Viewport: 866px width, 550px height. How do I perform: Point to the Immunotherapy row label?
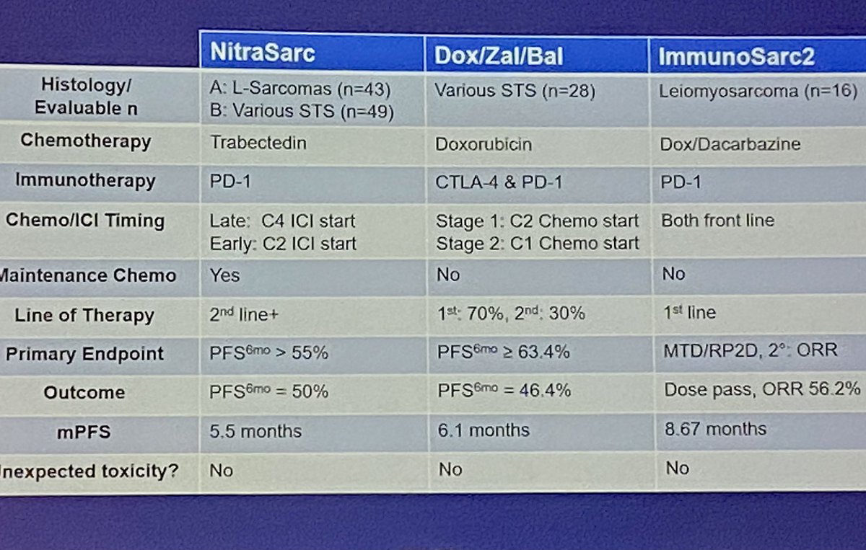click(x=85, y=179)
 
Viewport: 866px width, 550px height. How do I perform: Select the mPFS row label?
click(x=84, y=432)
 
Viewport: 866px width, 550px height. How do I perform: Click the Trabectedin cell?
click(x=258, y=142)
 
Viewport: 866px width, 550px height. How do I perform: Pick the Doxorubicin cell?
click(x=484, y=144)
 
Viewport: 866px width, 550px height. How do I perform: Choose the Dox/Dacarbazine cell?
click(x=730, y=143)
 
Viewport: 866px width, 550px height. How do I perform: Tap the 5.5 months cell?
click(x=255, y=432)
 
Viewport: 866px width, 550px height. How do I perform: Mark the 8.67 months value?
click(x=715, y=429)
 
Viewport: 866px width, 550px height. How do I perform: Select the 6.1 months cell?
click(x=483, y=430)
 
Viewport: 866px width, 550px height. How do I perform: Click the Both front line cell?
click(x=717, y=221)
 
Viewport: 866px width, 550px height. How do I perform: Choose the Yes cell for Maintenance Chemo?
click(x=224, y=275)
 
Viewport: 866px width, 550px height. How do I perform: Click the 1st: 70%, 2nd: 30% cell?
click(x=510, y=314)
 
